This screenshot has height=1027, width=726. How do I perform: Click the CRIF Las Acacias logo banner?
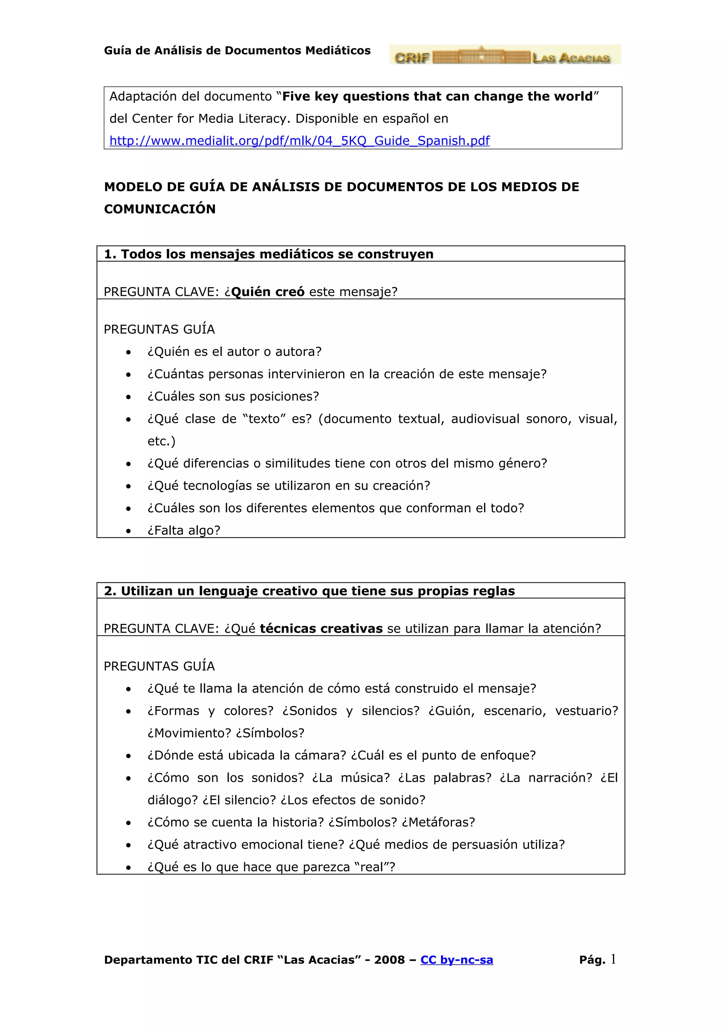(504, 55)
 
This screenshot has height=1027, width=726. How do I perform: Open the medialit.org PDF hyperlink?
(299, 141)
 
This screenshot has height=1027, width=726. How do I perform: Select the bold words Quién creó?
(268, 292)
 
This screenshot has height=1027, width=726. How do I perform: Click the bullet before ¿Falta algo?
(128, 531)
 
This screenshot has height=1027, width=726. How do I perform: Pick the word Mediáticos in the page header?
(338, 51)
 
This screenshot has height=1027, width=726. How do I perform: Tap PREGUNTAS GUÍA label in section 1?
(159, 330)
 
